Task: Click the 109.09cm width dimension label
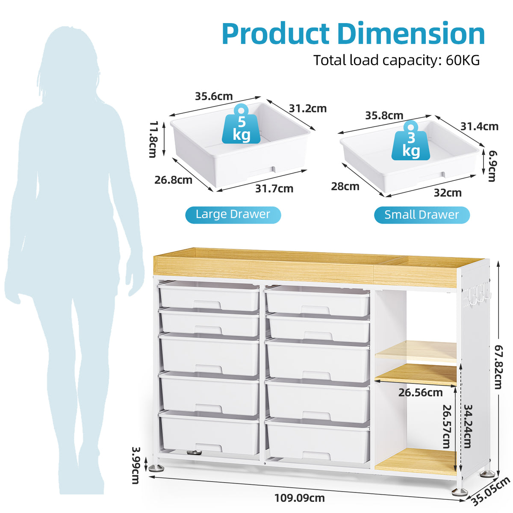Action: pos(299,498)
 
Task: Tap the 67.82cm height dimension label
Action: pos(498,367)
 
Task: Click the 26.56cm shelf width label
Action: pos(420,392)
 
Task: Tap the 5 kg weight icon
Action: pos(241,124)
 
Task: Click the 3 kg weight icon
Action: pos(410,141)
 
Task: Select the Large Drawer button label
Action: pos(233,215)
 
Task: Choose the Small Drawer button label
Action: pos(422,215)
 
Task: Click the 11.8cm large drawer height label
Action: pos(153,139)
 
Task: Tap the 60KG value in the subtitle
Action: pos(463,60)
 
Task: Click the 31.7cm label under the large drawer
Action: pos(274,189)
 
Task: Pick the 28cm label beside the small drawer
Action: pos(345,187)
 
